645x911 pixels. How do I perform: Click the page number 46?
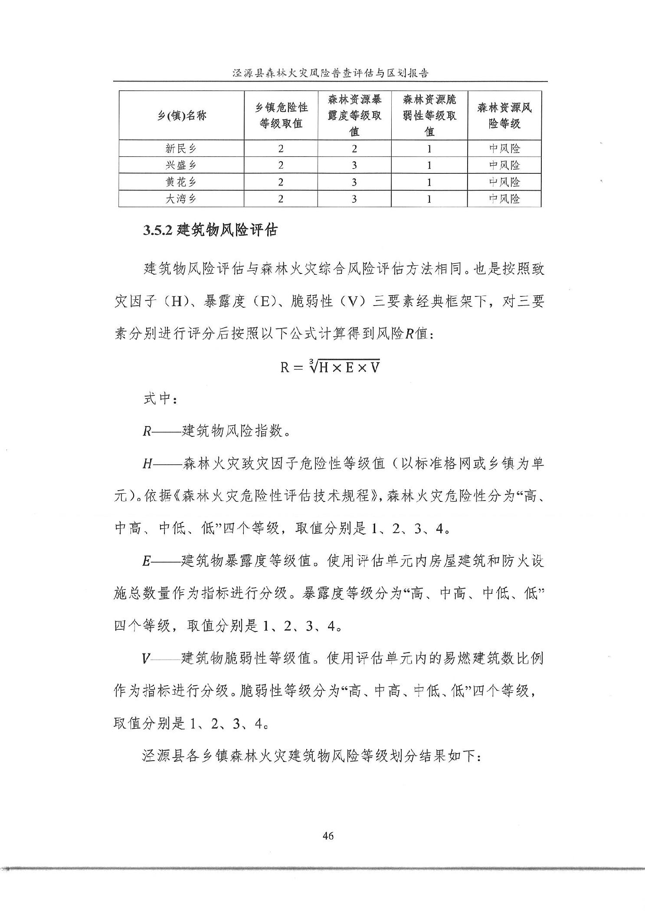[328, 836]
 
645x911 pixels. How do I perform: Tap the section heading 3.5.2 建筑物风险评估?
[210, 230]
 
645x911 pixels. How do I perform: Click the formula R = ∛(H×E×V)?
[330, 367]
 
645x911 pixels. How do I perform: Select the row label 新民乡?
[181, 149]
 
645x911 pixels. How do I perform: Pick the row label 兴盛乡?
[181, 165]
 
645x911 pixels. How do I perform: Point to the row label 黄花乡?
[181, 182]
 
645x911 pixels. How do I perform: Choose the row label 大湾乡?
[181, 199]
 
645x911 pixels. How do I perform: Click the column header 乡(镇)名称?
[182, 116]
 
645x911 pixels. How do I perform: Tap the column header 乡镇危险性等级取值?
[281, 115]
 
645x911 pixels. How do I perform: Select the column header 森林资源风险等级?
[504, 115]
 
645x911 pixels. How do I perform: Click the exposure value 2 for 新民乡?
[354, 149]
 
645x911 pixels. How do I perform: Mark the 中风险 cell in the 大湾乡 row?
[504, 199]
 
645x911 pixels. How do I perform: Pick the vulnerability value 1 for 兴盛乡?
[429, 165]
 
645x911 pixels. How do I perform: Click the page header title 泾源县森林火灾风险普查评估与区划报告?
[330, 73]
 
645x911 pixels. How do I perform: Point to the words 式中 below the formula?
[158, 399]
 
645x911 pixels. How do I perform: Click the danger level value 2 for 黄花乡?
[281, 182]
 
